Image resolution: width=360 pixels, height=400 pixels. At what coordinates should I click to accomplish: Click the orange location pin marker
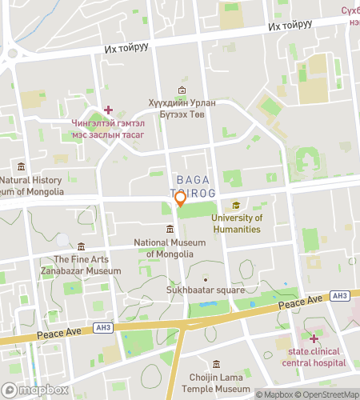click(181, 198)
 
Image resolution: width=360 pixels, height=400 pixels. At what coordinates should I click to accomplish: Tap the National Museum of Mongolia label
click(170, 248)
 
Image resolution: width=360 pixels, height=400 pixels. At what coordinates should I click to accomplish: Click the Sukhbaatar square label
click(206, 290)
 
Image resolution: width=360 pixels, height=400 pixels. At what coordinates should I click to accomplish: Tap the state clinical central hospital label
click(314, 357)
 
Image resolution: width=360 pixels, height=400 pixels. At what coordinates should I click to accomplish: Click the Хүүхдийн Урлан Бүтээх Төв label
click(183, 109)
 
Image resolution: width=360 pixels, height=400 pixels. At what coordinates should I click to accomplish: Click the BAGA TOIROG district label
click(192, 186)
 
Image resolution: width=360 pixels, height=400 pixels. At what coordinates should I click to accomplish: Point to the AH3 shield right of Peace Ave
click(340, 296)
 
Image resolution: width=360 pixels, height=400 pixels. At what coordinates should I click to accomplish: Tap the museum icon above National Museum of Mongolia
click(170, 230)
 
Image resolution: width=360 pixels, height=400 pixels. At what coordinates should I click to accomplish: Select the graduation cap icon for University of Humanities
click(236, 205)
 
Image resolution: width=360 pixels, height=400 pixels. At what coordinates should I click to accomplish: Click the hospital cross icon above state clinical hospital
click(314, 338)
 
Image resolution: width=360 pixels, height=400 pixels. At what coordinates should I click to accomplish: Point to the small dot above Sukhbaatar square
click(205, 278)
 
